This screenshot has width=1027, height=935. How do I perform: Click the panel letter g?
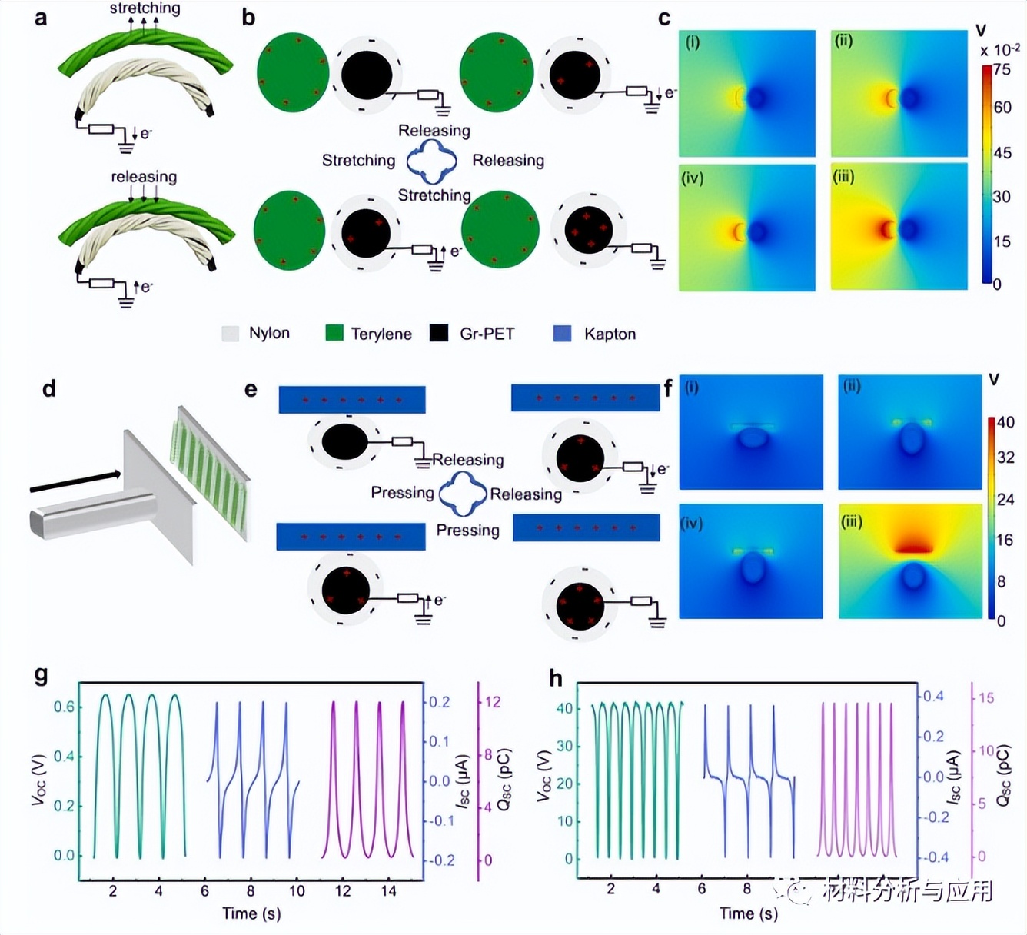tap(42, 675)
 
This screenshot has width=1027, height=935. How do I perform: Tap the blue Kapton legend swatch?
tap(562, 334)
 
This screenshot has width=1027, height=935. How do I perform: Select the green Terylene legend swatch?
tap(334, 333)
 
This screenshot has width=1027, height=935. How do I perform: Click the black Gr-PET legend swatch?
tap(439, 333)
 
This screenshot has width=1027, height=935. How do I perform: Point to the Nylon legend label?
tap(269, 333)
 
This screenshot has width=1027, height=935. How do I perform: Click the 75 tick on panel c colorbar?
tap(1002, 69)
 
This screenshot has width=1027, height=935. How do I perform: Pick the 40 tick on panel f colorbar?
tap(1005, 422)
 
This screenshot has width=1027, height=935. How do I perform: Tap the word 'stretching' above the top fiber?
tap(145, 8)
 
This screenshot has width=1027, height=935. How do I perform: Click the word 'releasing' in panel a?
tap(144, 177)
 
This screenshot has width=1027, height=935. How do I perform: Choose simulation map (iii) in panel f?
tap(909, 561)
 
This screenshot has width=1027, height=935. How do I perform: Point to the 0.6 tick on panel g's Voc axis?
tap(64, 707)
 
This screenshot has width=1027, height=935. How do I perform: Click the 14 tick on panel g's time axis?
tap(389, 891)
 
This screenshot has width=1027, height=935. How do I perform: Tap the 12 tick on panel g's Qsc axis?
tap(493, 702)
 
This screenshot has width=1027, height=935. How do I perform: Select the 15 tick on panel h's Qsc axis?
tap(986, 698)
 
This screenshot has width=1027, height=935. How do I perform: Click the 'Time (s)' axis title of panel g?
tap(251, 913)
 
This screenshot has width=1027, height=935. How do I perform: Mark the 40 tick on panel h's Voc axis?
tap(564, 708)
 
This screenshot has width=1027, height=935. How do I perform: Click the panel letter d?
tap(49, 388)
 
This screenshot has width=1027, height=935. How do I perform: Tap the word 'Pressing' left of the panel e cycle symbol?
tap(402, 493)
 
